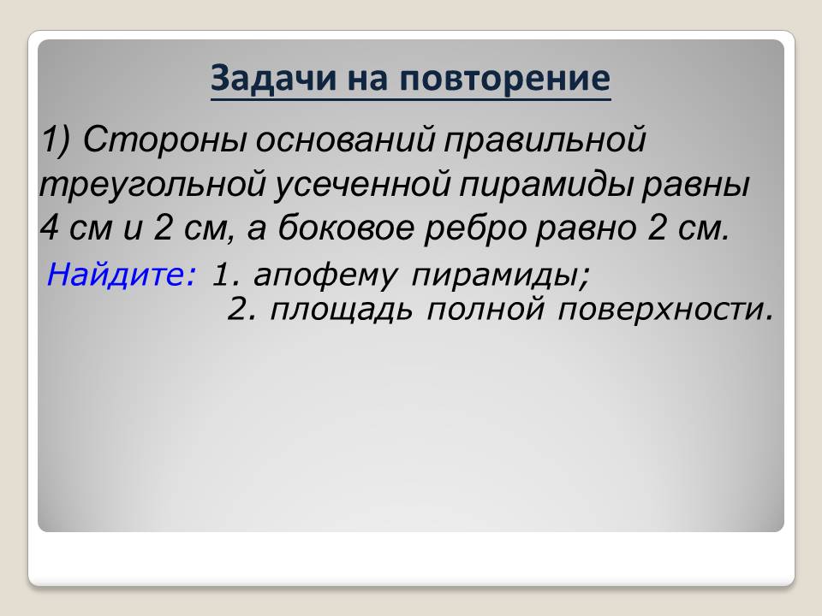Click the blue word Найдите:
click(121, 275)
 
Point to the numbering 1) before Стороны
click(57, 139)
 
